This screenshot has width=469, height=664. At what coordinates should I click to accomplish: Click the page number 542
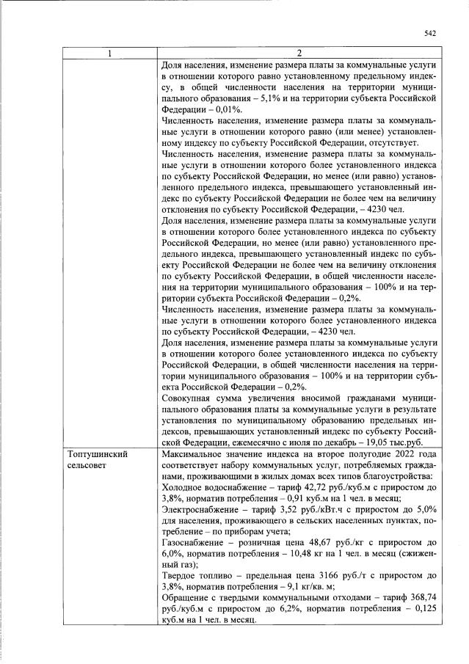point(430,32)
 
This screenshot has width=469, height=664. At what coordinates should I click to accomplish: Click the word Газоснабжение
point(193,542)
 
